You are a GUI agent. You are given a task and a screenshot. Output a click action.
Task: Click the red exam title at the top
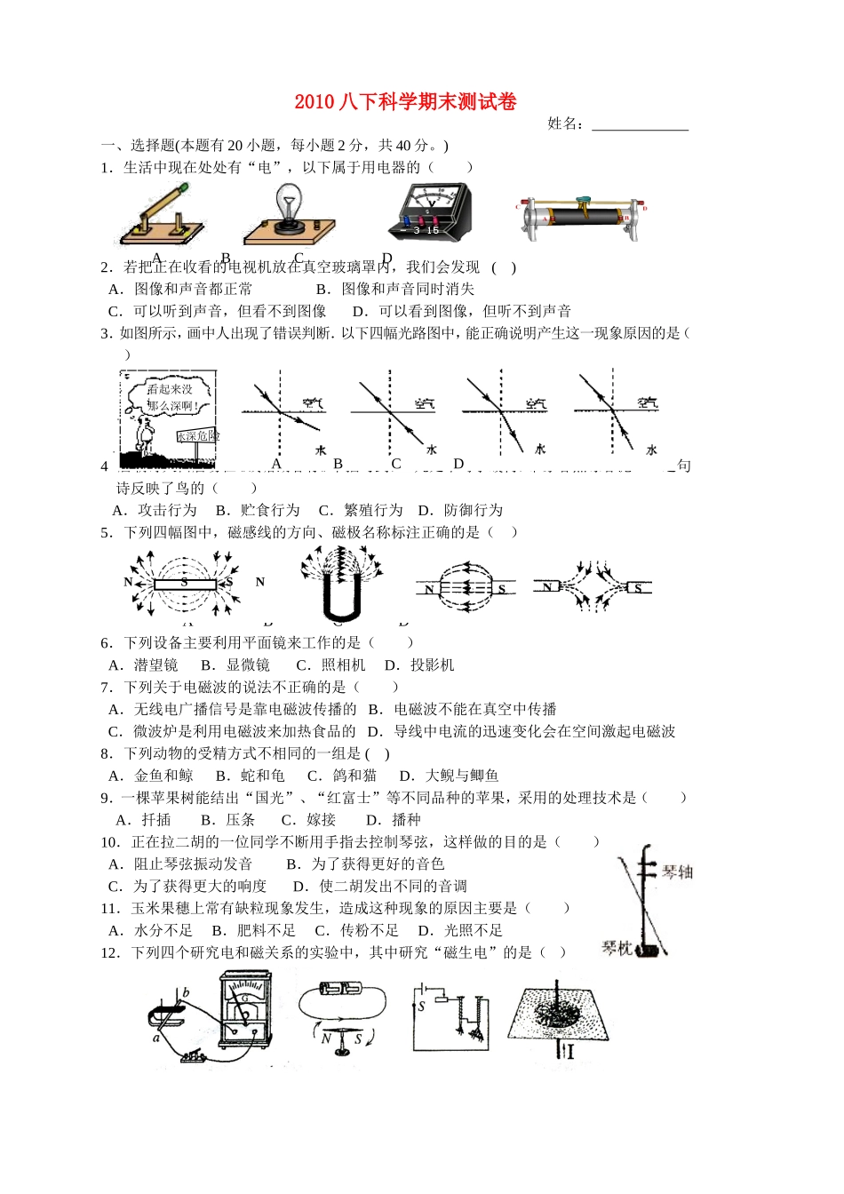[405, 102]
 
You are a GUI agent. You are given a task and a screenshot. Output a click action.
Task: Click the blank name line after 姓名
[640, 125]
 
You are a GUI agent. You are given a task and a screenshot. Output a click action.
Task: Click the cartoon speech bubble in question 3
[169, 397]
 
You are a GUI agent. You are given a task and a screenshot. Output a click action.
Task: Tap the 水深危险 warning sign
[196, 436]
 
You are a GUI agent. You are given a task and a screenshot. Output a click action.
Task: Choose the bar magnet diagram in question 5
[185, 584]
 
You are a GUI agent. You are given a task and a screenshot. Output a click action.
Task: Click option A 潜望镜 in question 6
[144, 665]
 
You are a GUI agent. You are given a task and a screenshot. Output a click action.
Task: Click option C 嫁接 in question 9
[309, 820]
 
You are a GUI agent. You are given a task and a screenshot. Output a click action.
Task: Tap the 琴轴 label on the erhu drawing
[677, 872]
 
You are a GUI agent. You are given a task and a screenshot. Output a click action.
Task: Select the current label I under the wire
[569, 1052]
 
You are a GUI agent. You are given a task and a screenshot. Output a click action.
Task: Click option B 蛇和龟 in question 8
[251, 776]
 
